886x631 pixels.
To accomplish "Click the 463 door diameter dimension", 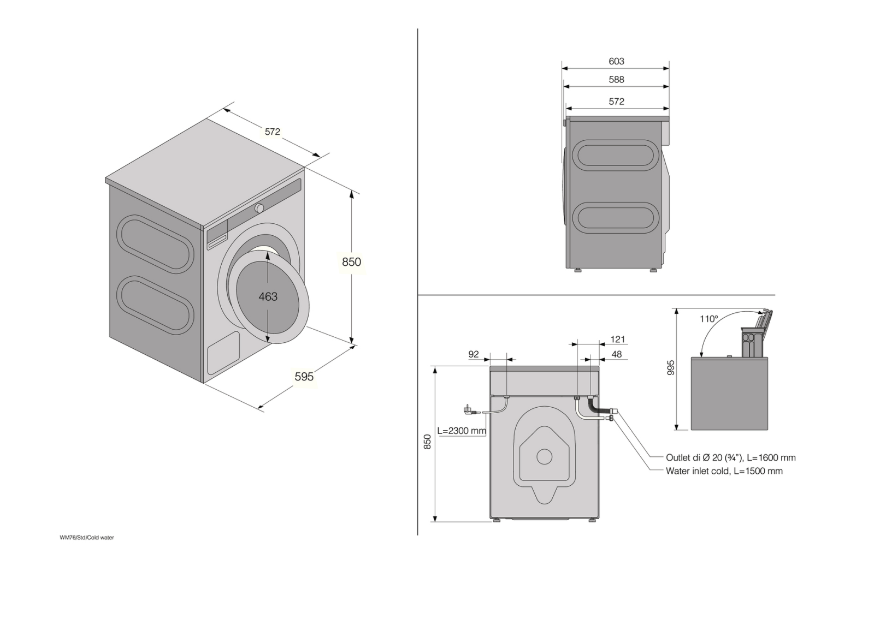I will [268, 296].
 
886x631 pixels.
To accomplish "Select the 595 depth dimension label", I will [304, 377].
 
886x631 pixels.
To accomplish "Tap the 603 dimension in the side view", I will [616, 62].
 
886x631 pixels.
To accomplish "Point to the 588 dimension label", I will [616, 80].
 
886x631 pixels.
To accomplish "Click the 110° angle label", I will [708, 319].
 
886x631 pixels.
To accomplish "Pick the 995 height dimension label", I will [671, 367].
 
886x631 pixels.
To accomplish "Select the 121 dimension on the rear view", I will [617, 340].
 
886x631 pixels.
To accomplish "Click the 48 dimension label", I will [617, 354].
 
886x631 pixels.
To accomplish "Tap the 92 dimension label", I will [474, 354].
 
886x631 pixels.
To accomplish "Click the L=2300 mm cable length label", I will [461, 431].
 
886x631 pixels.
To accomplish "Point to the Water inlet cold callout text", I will [724, 471].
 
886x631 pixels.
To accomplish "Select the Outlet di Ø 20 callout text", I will [730, 458].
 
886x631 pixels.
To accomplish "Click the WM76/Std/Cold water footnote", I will [87, 538].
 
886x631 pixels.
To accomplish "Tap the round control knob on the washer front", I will [259, 208].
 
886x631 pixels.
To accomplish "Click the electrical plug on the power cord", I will [468, 409].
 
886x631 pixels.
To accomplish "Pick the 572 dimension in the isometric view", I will [273, 132].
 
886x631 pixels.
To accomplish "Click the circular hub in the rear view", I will [544, 456].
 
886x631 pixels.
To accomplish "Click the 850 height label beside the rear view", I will [428, 442].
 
